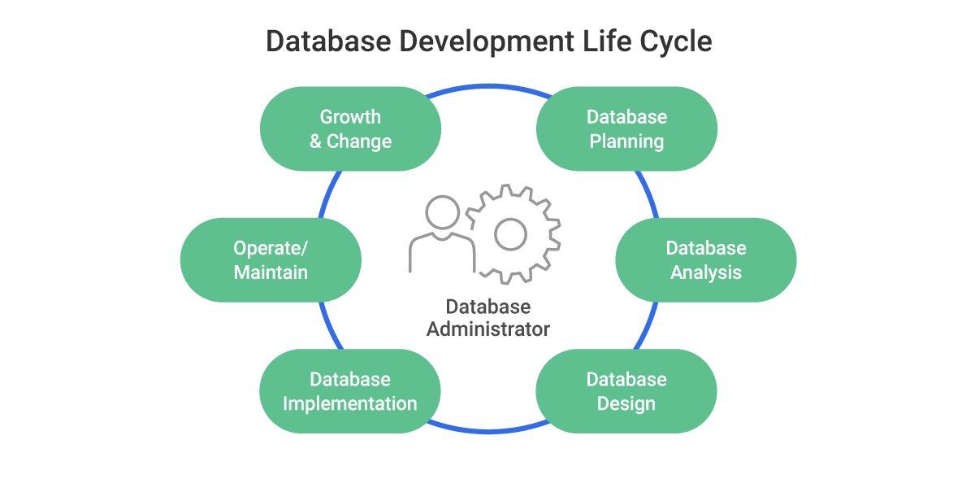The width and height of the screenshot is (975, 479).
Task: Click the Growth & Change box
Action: pyautogui.click(x=350, y=128)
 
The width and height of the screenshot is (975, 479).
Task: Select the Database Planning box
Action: pyautogui.click(x=626, y=128)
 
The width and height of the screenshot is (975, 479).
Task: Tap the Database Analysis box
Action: pyautogui.click(x=705, y=259)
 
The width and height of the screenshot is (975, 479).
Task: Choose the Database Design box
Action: pyautogui.click(x=626, y=391)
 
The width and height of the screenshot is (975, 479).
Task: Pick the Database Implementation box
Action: pyautogui.click(x=350, y=391)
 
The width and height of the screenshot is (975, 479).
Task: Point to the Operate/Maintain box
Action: pyautogui.click(x=271, y=259)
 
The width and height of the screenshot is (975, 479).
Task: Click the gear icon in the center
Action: pyautogui.click(x=511, y=235)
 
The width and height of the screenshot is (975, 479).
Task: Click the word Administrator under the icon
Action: pyautogui.click(x=488, y=329)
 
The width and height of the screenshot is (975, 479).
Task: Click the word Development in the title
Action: pyautogui.click(x=474, y=41)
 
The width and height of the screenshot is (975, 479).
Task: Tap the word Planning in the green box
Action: pyautogui.click(x=626, y=142)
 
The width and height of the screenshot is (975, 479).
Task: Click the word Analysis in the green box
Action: pyautogui.click(x=706, y=272)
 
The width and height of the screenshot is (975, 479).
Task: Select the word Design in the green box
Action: pyautogui.click(x=626, y=403)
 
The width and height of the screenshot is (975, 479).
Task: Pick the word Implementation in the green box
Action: pyautogui.click(x=350, y=403)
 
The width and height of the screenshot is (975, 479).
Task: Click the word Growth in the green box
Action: pyautogui.click(x=350, y=116)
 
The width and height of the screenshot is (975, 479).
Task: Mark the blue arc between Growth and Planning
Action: pyautogui.click(x=488, y=85)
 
